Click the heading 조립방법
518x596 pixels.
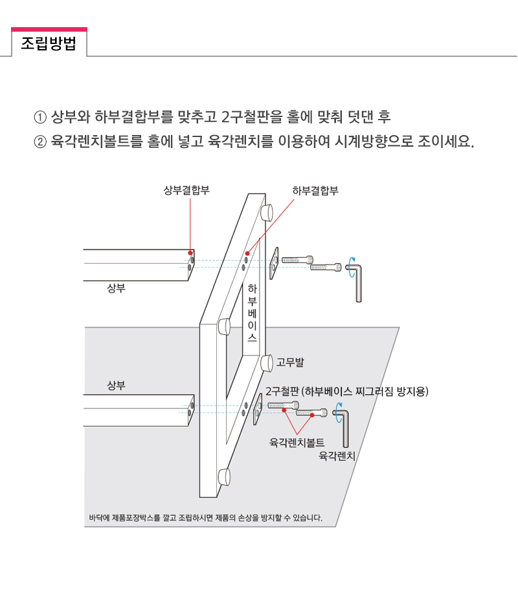tap(49, 43)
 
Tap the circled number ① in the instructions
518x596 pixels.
tap(40, 117)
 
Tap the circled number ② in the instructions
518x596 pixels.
tap(40, 142)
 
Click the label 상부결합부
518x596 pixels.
tap(186, 190)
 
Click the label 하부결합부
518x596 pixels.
tap(315, 191)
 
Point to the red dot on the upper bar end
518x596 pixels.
tap(190, 253)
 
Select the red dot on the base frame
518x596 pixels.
tap(247, 253)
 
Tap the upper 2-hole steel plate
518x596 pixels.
tap(274, 263)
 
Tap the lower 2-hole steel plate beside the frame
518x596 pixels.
tap(258, 409)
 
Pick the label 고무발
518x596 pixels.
tap(290, 362)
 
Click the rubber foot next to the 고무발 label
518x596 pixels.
tap(267, 363)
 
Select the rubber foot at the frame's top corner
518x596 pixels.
tap(266, 213)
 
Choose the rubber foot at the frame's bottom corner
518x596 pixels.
tap(224, 477)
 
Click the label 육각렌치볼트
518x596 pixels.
tap(297, 442)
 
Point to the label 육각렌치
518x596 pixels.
tap(337, 456)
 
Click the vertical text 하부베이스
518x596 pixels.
tap(252, 312)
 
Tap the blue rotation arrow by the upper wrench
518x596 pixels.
tap(352, 267)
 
